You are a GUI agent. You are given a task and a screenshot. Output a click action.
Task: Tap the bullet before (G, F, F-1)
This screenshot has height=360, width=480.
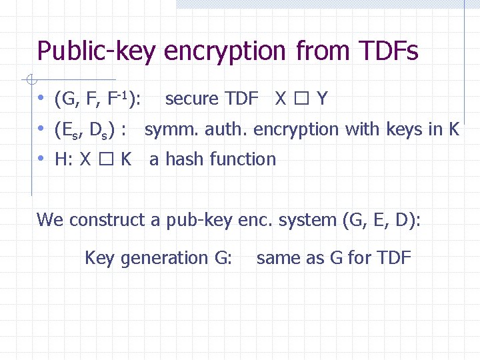click(x=41, y=99)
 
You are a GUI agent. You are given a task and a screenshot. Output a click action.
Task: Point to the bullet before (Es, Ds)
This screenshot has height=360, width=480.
click(x=41, y=129)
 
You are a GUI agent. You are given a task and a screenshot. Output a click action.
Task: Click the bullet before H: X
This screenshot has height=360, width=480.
click(x=41, y=159)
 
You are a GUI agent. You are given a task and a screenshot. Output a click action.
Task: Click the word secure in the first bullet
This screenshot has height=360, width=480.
click(x=192, y=99)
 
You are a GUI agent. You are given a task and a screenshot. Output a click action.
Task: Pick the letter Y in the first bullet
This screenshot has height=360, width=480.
click(x=322, y=99)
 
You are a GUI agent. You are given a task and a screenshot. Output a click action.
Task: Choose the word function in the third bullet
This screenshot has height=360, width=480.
click(x=242, y=159)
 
